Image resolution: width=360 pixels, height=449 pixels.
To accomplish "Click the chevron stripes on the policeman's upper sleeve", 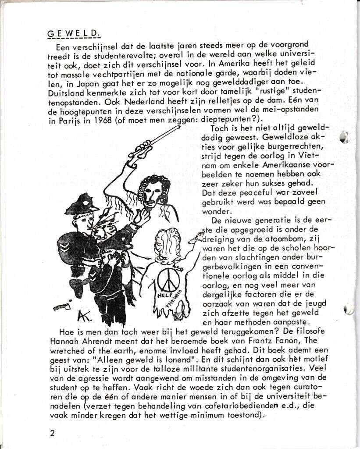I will (65, 249).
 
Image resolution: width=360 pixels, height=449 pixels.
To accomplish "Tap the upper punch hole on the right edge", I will (344, 136).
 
